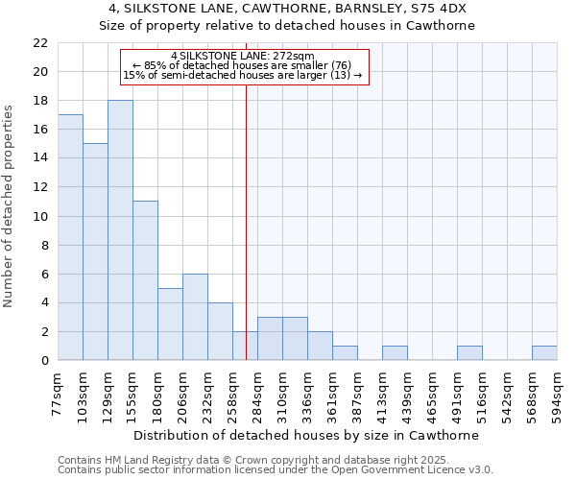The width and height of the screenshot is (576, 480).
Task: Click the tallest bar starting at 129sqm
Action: coord(120,230)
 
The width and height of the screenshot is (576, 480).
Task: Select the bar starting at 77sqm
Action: coord(70,237)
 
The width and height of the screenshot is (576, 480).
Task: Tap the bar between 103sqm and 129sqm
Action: coord(95,252)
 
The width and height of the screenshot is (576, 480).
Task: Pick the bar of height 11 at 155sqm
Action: coord(145,280)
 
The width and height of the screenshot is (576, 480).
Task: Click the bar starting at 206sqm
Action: coord(195,317)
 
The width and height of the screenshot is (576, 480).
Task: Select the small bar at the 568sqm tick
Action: coord(544,353)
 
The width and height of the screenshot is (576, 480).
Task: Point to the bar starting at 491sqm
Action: coord(469,353)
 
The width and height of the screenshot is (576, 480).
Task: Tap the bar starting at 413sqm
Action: coord(395,353)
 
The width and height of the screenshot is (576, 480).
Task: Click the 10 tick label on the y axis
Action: coord(39,217)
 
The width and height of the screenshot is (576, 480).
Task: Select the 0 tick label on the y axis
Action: coord(43,361)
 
